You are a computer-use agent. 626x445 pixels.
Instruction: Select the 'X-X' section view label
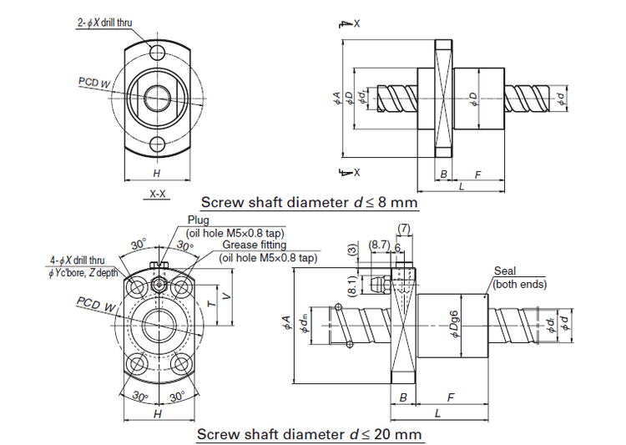(157, 194)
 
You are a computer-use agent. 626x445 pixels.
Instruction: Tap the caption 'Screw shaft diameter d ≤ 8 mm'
(308, 202)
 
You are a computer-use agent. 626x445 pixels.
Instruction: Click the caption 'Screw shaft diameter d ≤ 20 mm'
(310, 435)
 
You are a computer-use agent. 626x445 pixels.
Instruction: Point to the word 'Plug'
(199, 220)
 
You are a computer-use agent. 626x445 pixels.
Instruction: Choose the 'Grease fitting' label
(254, 245)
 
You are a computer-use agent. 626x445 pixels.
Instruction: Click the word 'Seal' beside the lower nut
(505, 271)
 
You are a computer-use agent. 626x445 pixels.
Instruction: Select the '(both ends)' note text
(519, 284)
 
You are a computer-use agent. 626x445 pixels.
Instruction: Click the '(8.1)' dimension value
(352, 285)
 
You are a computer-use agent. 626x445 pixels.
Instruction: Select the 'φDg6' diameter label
(454, 323)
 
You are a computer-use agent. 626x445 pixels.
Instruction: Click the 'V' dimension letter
(227, 294)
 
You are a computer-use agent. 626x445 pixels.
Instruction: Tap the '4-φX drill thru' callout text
(77, 260)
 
